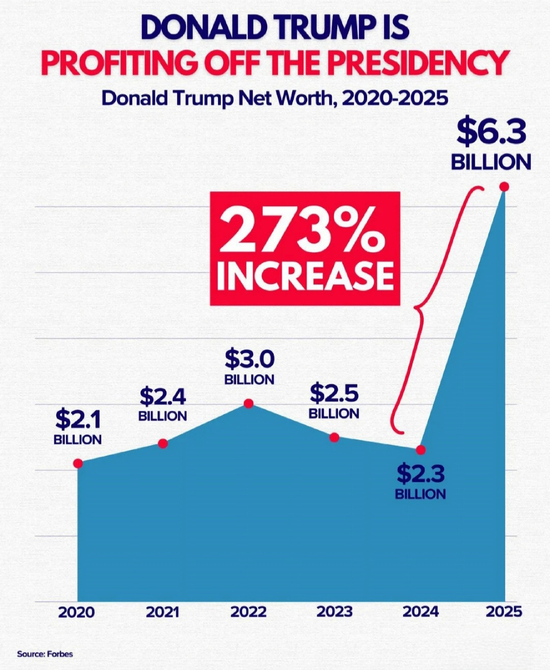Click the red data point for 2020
(x=78, y=463)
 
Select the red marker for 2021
(x=163, y=443)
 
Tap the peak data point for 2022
(x=249, y=403)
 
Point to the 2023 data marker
(x=334, y=437)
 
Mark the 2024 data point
(x=421, y=450)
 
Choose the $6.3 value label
(x=491, y=132)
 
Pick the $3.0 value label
(x=250, y=359)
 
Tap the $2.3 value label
(x=421, y=474)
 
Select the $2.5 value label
(x=334, y=394)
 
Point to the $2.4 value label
(x=163, y=396)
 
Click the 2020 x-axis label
(x=76, y=611)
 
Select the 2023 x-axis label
(x=334, y=611)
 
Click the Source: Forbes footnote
(x=45, y=654)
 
